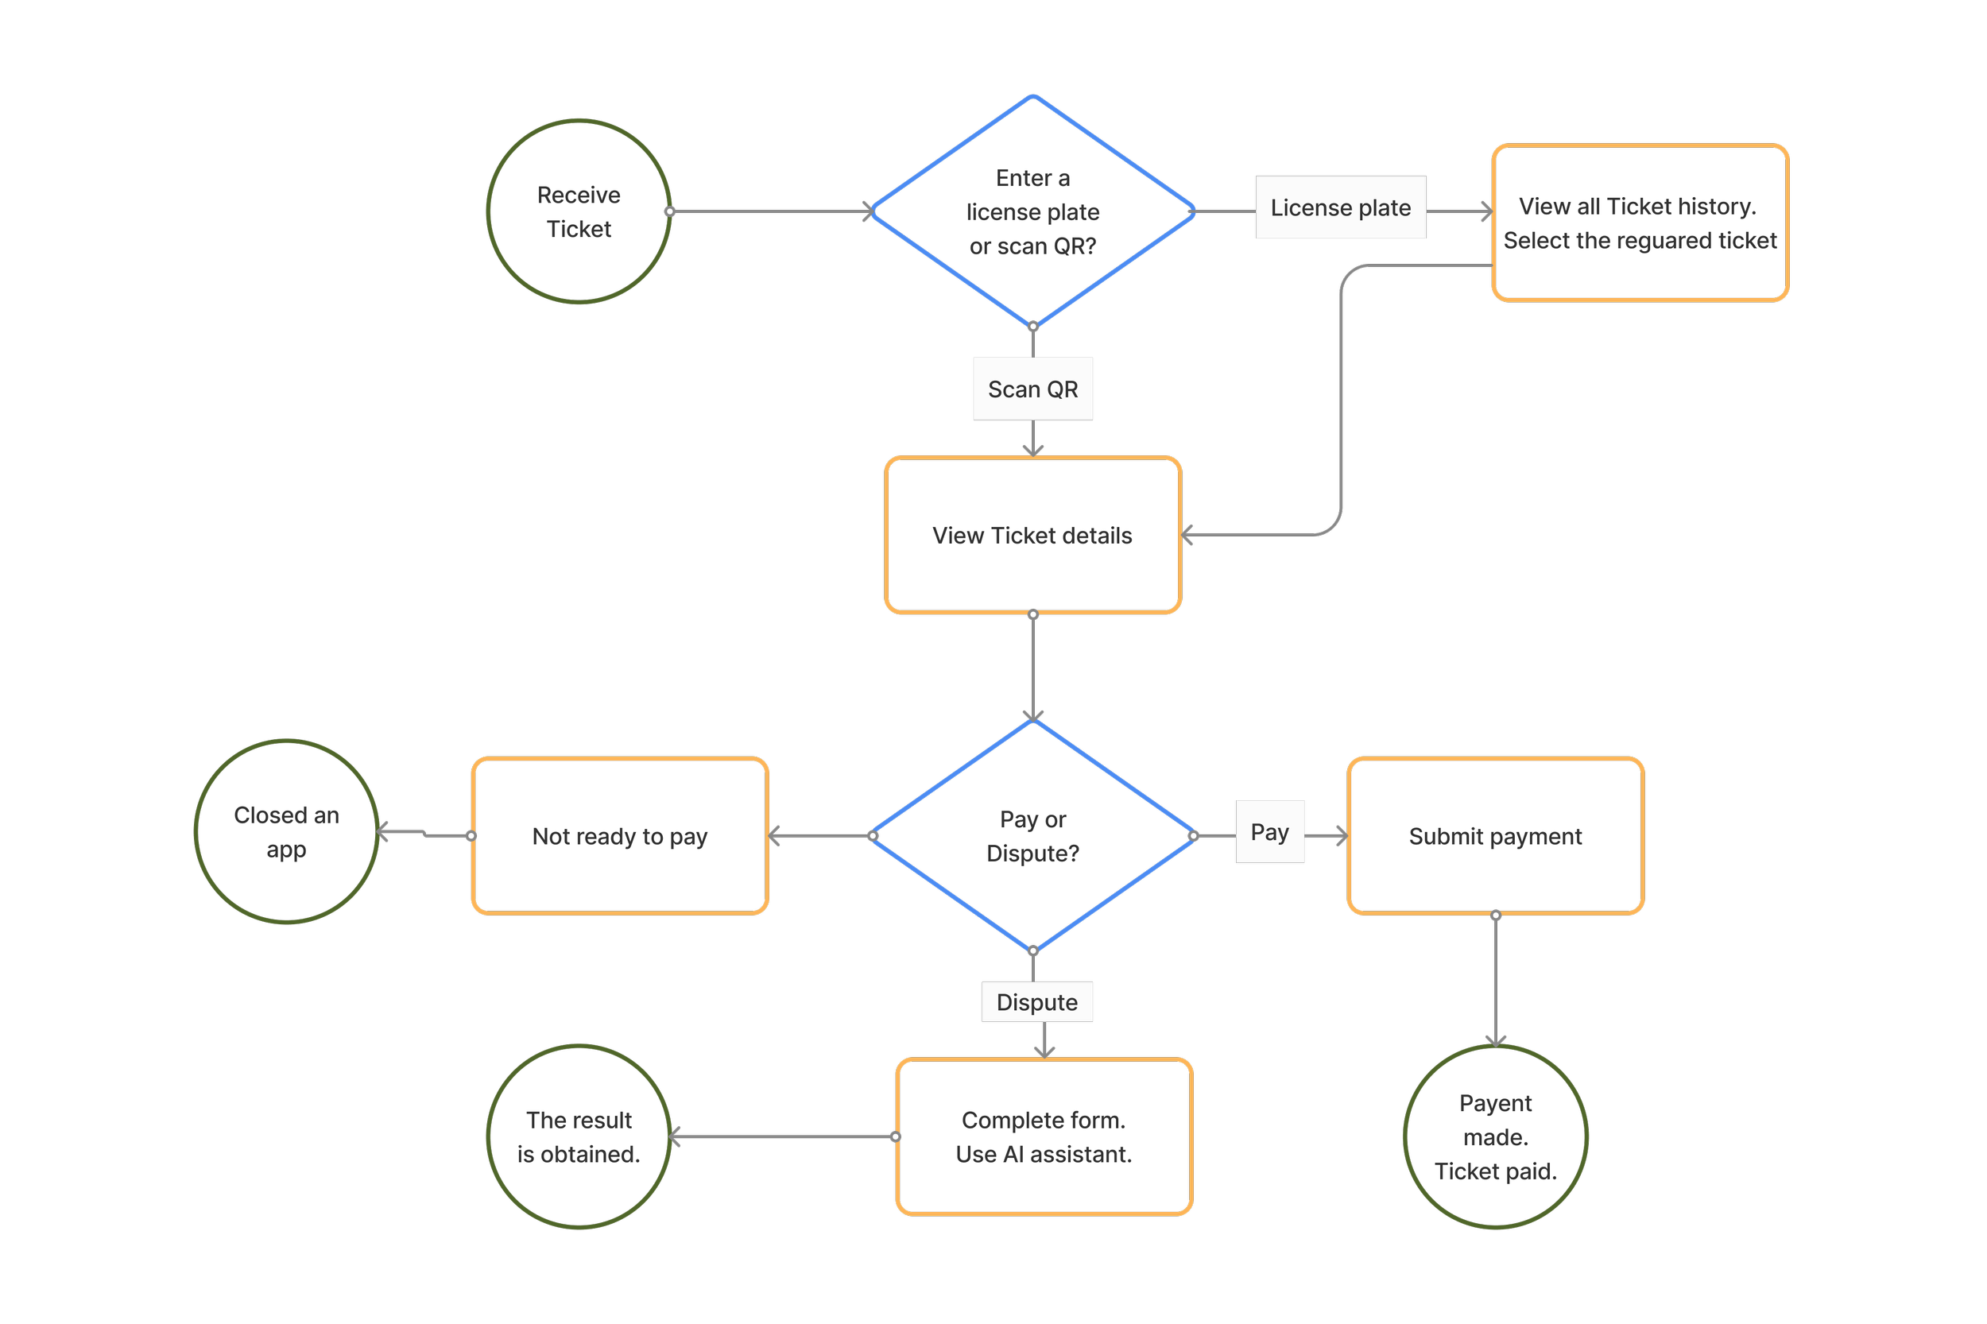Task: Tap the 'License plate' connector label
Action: [1340, 207]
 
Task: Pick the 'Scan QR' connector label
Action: [1032, 389]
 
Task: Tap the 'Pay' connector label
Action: [1269, 832]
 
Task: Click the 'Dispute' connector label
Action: [1037, 1001]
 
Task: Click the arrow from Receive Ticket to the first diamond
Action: [771, 211]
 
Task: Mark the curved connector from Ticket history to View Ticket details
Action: [1340, 397]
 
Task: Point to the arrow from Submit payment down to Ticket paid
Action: [1495, 981]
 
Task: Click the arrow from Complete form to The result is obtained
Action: [782, 1136]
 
